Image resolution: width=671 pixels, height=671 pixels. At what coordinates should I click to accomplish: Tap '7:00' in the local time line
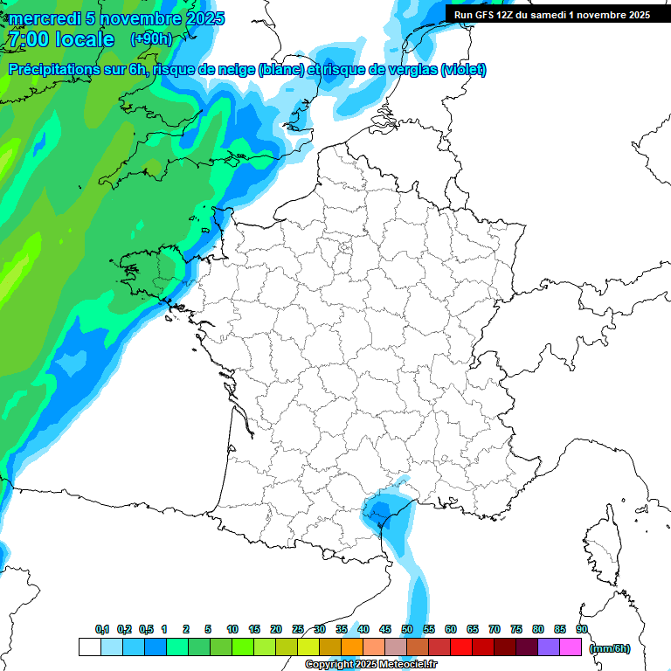[26, 39]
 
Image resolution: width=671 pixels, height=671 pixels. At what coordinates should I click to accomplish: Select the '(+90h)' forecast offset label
[151, 39]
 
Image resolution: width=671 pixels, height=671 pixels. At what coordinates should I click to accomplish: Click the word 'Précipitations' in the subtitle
[53, 70]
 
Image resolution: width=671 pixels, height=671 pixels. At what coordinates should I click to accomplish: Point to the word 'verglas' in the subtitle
[408, 70]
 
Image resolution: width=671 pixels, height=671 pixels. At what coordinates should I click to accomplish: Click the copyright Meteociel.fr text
[371, 665]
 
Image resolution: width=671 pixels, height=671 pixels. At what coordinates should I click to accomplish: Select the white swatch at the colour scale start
[89, 647]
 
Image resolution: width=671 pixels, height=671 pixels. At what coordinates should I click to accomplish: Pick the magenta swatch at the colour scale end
[571, 647]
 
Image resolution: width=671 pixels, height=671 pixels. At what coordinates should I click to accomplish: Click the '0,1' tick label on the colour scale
[102, 629]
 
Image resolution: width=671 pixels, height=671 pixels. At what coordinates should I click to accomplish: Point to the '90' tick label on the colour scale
[581, 629]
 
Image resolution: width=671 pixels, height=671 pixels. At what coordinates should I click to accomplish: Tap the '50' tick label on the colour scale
[407, 629]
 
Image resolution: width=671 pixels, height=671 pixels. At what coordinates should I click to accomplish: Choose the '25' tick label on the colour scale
[298, 629]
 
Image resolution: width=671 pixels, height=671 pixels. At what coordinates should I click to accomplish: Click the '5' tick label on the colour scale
[208, 629]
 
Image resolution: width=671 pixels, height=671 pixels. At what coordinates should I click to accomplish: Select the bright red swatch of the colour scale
[461, 647]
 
